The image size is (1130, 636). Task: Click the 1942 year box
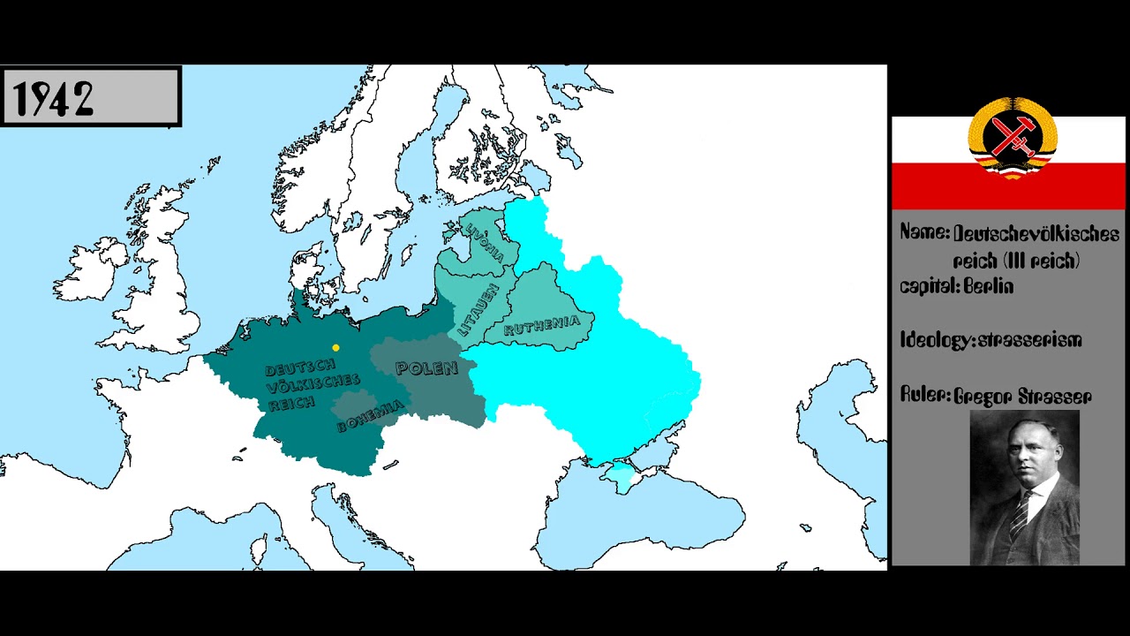click(90, 96)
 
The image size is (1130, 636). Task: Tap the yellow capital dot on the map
click(335, 348)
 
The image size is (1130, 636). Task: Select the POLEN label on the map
click(427, 368)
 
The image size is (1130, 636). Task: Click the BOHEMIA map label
click(370, 416)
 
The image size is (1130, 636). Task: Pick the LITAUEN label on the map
click(478, 310)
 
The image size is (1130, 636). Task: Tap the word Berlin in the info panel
click(989, 286)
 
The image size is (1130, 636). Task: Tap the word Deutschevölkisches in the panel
click(1036, 234)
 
